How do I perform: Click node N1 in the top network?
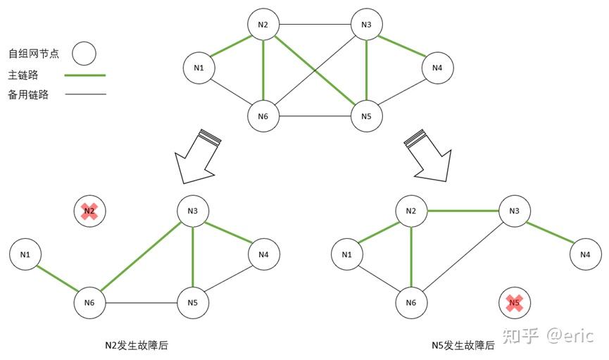coord(199,68)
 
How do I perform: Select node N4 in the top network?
coord(437,68)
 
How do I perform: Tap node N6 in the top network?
coord(263,116)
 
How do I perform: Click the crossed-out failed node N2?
coord(89,211)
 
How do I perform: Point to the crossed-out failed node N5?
coord(515,304)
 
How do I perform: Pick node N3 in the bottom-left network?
coord(192,210)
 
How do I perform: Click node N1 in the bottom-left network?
coord(25,254)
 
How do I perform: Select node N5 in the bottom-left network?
coord(192,302)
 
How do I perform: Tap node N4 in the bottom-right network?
coord(585,254)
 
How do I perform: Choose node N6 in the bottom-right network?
coord(411,303)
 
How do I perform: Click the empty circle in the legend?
coord(84,53)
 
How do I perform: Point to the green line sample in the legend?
coord(84,75)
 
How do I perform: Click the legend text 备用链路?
coord(28,94)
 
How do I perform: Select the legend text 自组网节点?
coord(33,54)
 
